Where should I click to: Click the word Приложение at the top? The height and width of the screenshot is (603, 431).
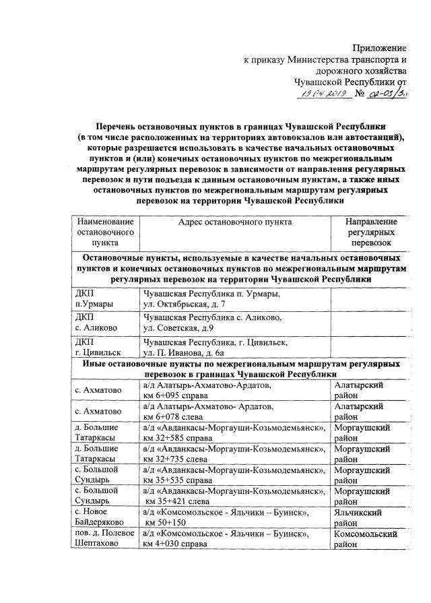[380, 48]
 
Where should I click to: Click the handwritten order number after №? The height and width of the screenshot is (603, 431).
[389, 96]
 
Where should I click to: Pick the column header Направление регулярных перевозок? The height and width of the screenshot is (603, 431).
[371, 232]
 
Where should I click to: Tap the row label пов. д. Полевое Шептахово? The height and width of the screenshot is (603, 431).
[104, 539]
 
